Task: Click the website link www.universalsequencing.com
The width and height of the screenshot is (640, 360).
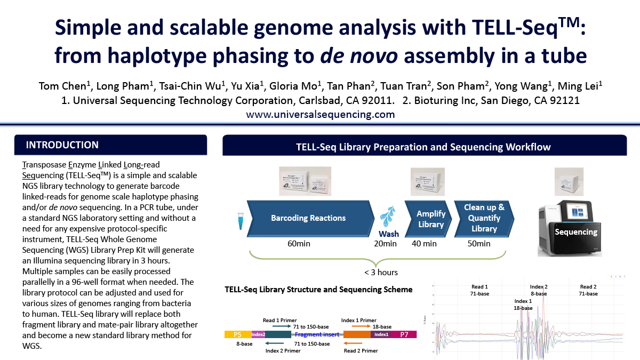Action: tap(320, 114)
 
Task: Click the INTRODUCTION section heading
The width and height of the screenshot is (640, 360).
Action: tap(62, 145)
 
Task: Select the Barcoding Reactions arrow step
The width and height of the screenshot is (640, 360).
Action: tap(308, 218)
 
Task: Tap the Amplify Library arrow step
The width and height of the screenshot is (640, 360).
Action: tap(430, 219)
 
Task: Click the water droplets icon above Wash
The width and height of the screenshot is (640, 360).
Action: tap(388, 218)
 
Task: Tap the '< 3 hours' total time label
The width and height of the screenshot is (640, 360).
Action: tap(381, 272)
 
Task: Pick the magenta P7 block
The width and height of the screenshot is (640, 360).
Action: tap(404, 334)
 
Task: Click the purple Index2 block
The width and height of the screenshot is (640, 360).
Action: tap(258, 334)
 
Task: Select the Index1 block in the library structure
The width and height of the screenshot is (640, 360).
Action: tap(381, 334)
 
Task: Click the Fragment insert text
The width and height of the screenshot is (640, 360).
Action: tap(317, 334)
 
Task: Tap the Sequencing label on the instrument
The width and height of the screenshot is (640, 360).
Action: tap(576, 232)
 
